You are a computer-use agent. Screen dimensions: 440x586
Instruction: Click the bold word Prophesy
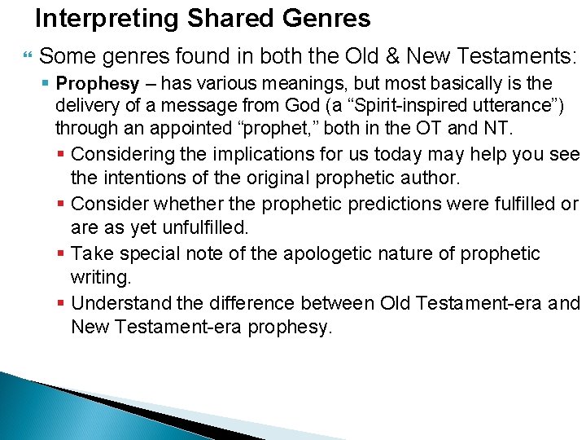click(98, 83)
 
